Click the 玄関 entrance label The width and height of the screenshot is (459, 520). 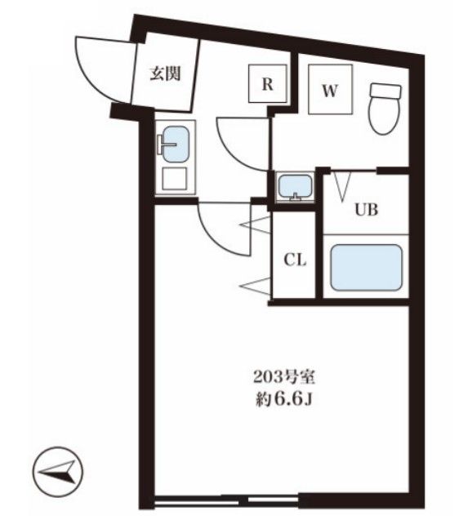pyautogui.click(x=165, y=73)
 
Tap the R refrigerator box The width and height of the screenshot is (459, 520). pyautogui.click(x=268, y=83)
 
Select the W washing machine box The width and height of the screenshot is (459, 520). pyautogui.click(x=330, y=89)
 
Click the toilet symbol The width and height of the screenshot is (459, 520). pyautogui.click(x=385, y=109)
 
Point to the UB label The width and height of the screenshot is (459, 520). pyautogui.click(x=367, y=210)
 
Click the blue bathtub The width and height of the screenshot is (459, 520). pyautogui.click(x=367, y=267)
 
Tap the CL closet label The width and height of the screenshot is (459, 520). pyautogui.click(x=295, y=260)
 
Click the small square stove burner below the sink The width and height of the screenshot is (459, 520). pyautogui.click(x=175, y=179)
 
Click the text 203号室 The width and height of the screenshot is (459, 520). pyautogui.click(x=283, y=378)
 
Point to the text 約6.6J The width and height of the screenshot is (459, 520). pyautogui.click(x=283, y=400)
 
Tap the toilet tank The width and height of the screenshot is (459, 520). pyautogui.click(x=385, y=91)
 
